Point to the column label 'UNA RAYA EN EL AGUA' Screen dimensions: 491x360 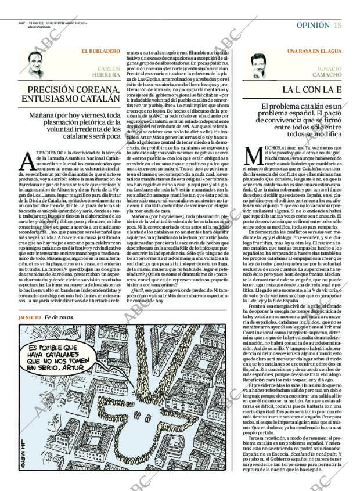click(x=314, y=52)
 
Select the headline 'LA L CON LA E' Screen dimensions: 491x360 click(x=311, y=90)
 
